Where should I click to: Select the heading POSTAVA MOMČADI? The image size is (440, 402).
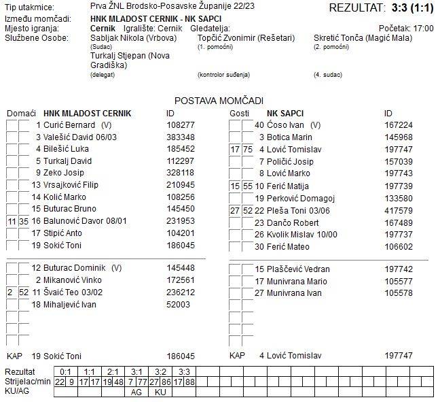[x=219, y=100]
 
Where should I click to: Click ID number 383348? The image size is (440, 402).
[x=181, y=137]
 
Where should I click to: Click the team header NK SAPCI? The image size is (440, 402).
[x=285, y=113]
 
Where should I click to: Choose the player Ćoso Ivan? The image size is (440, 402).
[x=285, y=125]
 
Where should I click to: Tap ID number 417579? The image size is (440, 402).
[x=399, y=210]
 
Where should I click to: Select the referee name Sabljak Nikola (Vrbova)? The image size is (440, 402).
[x=133, y=38]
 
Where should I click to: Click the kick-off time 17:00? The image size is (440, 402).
[x=423, y=29]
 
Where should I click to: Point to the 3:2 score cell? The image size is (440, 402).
[x=160, y=371]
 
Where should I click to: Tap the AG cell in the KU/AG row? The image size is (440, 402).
[x=136, y=392]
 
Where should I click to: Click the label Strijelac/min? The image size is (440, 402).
[x=27, y=382]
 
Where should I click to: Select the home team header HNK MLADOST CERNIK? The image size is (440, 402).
[x=87, y=113]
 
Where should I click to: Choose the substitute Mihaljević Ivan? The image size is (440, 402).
[x=71, y=304]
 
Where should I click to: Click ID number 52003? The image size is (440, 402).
[x=178, y=304]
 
